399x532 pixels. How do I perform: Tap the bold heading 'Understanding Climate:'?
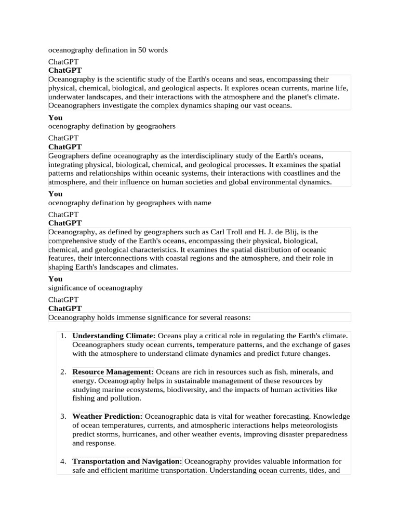tap(114, 336)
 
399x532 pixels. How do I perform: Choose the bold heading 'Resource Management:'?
tap(113, 372)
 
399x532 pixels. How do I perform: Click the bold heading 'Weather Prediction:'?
tap(108, 417)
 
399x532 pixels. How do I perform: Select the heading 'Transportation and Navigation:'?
tap(127, 461)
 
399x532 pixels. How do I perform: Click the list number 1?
tap(63, 336)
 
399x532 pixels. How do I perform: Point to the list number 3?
tap(63, 417)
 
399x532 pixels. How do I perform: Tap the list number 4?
tap(63, 461)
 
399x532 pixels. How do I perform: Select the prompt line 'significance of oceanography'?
tap(96, 288)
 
